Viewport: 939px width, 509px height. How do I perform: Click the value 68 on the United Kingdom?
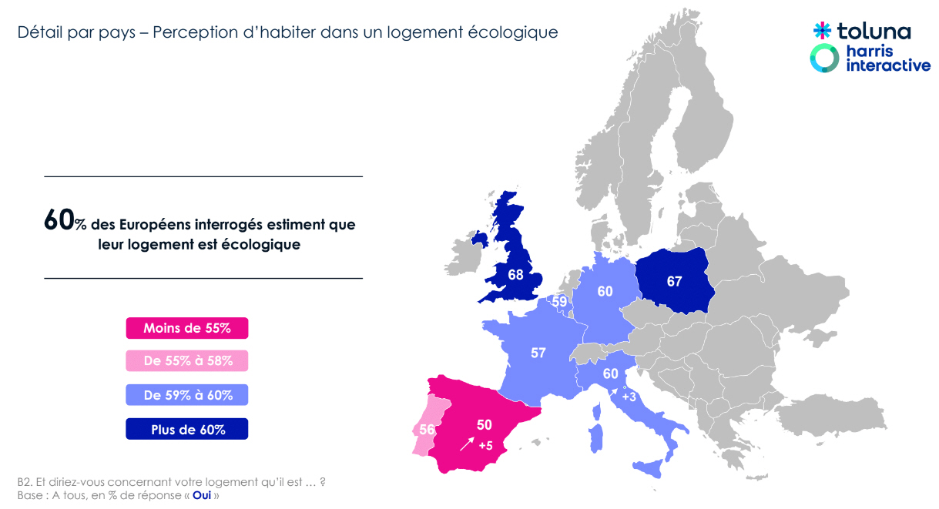516,274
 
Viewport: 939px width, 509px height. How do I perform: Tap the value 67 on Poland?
674,282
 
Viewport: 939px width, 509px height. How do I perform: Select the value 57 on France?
538,353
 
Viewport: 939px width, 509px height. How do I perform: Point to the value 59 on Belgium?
558,302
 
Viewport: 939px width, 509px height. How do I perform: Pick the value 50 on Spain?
484,424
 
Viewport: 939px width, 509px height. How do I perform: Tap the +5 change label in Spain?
485,446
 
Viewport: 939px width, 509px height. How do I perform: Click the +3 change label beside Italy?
629,397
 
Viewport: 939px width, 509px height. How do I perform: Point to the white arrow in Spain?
467,444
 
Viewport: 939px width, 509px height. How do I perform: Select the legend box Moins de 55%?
187,328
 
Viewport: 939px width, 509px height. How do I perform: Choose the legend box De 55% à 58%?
187,360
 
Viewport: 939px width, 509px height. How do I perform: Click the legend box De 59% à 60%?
187,396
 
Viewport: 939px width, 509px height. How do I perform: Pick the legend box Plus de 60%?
187,430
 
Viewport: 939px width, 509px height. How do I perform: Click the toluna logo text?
874,32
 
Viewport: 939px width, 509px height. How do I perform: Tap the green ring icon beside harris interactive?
825,59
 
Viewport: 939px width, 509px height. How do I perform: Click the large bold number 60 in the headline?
58,221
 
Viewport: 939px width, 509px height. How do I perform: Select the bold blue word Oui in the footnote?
202,495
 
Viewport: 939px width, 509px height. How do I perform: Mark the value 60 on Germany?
605,291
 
